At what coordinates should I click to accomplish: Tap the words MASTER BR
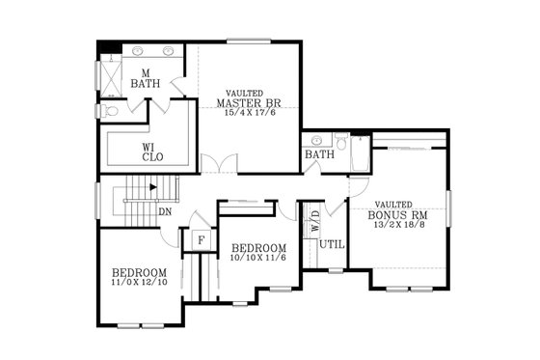click(x=247, y=102)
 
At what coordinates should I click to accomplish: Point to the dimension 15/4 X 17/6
click(x=247, y=113)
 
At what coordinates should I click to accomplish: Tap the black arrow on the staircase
click(x=151, y=187)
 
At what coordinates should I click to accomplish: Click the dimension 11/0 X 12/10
click(x=139, y=283)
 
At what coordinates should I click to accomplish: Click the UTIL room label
click(x=332, y=245)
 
